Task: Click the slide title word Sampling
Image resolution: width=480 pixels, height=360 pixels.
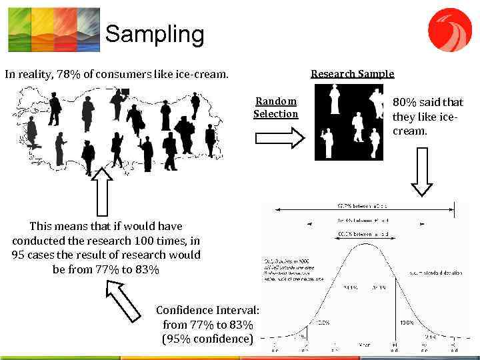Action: coord(154,34)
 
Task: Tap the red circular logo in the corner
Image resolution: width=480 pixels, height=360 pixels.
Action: coord(449,29)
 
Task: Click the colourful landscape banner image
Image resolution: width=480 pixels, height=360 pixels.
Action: coord(53,29)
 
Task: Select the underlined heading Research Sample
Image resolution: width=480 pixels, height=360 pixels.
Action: coord(352,74)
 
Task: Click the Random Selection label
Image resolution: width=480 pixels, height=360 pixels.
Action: coord(276,107)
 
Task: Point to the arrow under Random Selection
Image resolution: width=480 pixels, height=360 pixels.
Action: coord(279,138)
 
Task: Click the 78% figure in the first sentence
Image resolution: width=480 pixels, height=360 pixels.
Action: coord(69,74)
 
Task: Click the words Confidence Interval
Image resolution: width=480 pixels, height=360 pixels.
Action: coord(207,310)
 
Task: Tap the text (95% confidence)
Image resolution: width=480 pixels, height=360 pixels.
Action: coord(207,339)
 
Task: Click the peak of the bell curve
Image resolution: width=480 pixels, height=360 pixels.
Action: coord(365,245)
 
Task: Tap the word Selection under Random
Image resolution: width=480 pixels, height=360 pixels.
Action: coord(276,114)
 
